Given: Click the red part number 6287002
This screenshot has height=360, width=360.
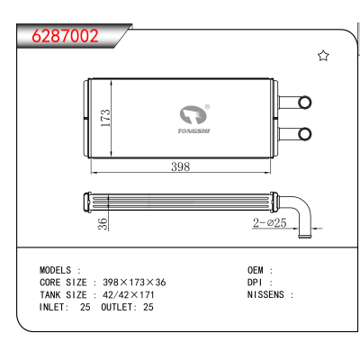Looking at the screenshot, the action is click(x=65, y=36).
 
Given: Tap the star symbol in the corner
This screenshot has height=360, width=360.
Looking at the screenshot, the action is click(x=323, y=56).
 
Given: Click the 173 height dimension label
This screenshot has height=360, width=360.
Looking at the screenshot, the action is click(x=105, y=118).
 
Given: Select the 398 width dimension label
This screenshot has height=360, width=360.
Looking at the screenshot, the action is click(x=181, y=166).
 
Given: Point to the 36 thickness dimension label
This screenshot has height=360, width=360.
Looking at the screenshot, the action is click(x=103, y=224).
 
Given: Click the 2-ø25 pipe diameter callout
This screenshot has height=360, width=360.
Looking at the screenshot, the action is click(x=270, y=222).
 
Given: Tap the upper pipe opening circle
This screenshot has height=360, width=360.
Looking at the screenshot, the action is click(x=305, y=103).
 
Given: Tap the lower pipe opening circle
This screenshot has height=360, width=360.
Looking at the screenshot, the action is click(x=305, y=133).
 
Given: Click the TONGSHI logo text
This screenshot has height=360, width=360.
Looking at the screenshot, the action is click(x=193, y=131).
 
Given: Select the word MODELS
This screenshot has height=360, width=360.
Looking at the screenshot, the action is click(x=56, y=270).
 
